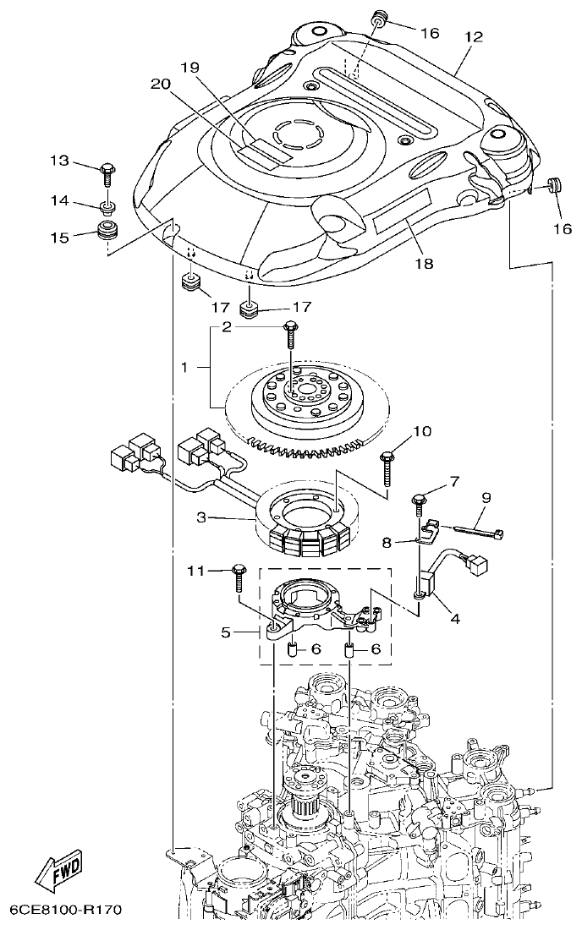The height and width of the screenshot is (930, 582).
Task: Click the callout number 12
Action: click(473, 37)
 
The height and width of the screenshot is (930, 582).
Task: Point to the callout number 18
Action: click(423, 264)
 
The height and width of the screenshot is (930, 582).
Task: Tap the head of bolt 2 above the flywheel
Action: click(292, 326)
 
